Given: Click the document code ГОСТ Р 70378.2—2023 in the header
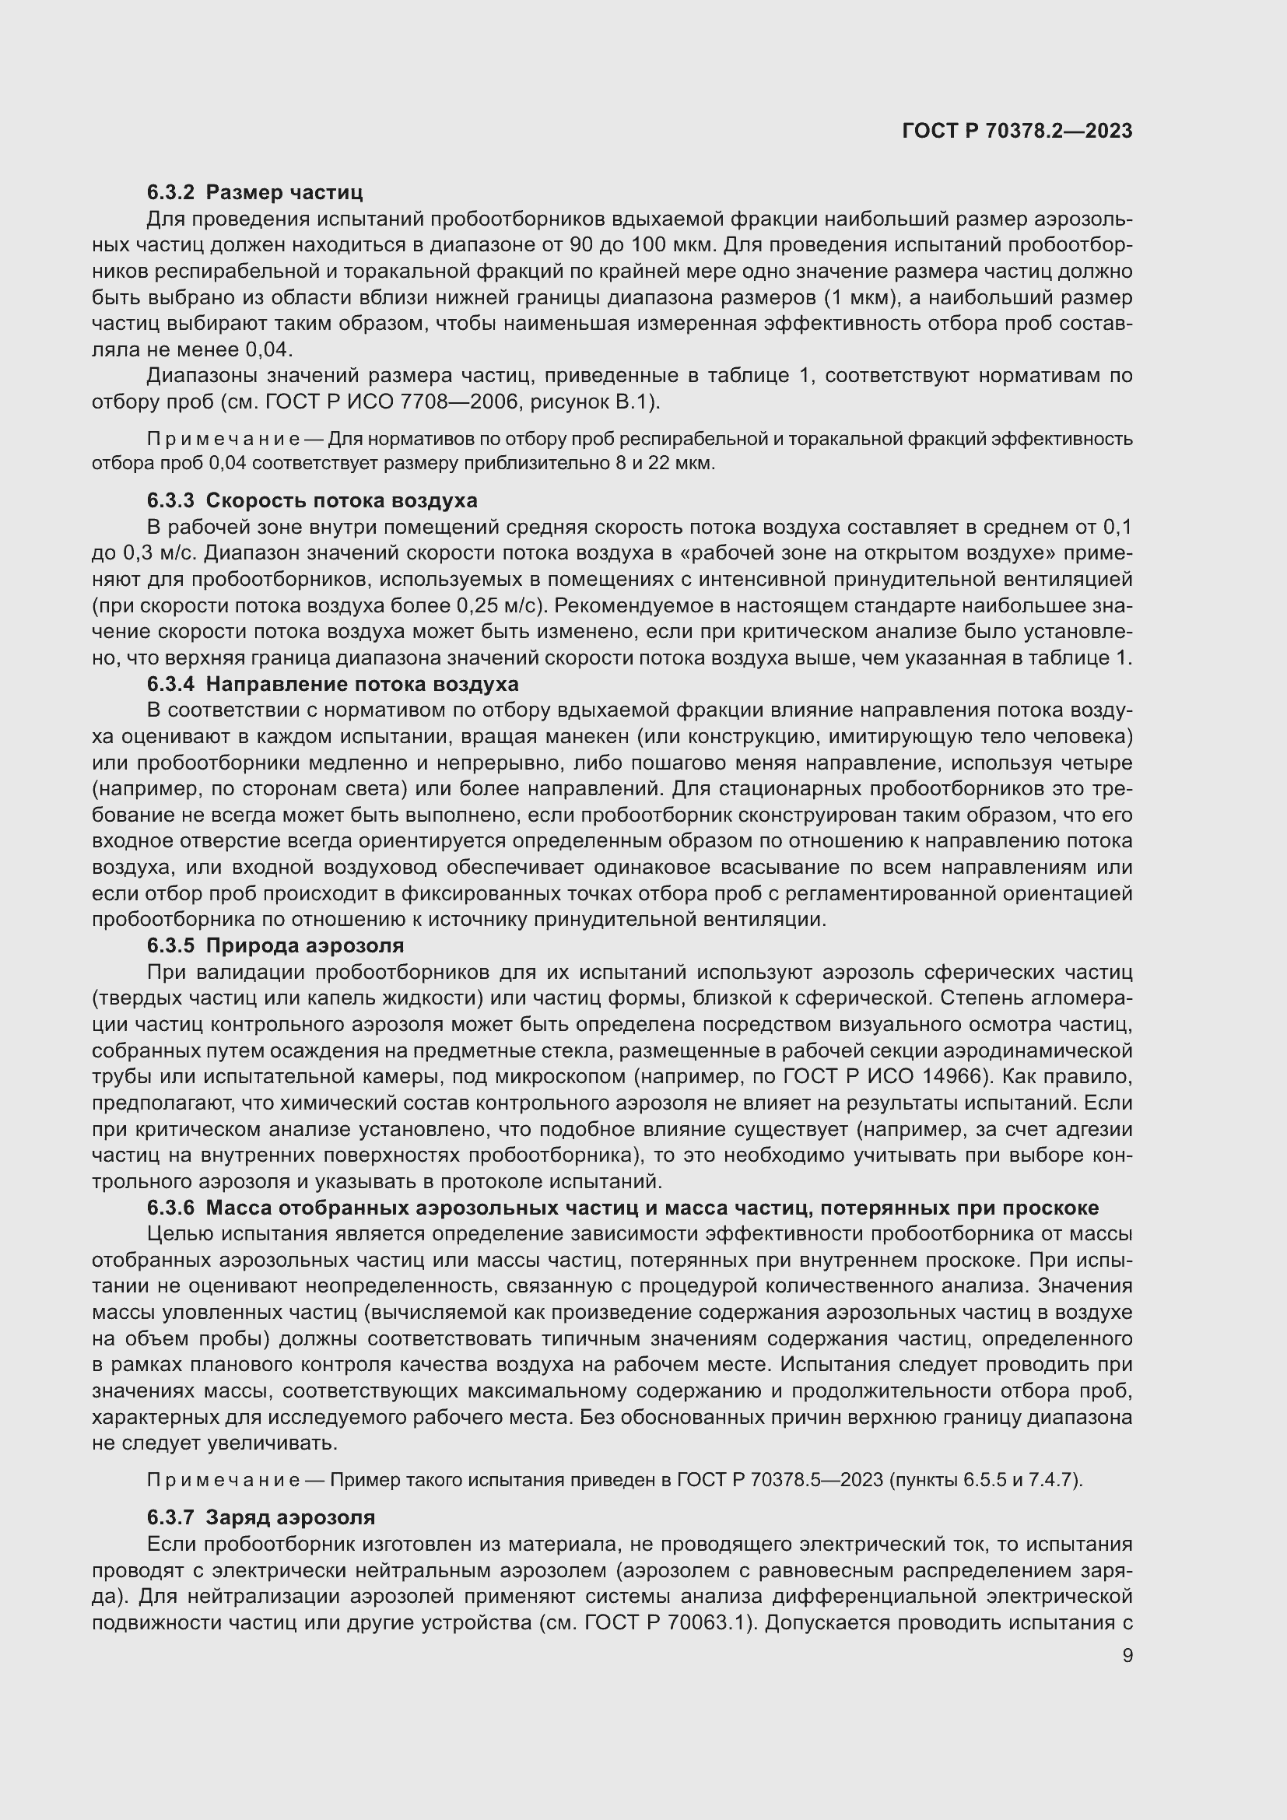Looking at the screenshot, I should (1018, 131).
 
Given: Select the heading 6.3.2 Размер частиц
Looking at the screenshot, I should (254, 192).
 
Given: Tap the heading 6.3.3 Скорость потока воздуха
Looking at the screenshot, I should (312, 500).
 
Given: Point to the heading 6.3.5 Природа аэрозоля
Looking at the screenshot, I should (275, 945).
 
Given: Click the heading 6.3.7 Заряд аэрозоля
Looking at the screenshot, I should (261, 1517).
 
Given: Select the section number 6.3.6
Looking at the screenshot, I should (170, 1208).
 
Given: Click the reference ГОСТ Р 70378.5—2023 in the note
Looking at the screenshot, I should (780, 1480).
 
